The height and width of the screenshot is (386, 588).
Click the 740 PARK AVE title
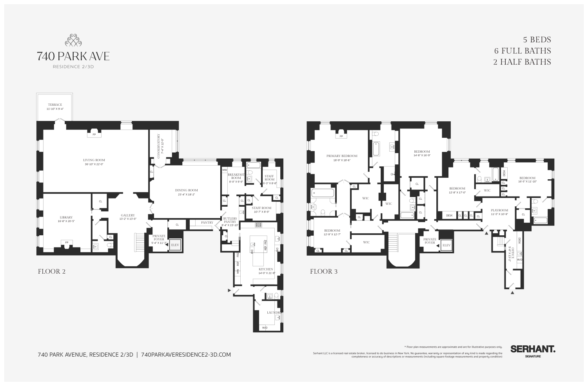point(73,56)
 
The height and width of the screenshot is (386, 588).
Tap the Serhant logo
point(532,349)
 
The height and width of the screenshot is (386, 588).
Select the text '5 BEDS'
point(537,40)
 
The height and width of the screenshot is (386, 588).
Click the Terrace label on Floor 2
point(55,105)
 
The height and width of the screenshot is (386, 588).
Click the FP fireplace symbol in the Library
point(67,243)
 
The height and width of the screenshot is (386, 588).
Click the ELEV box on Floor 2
point(175,245)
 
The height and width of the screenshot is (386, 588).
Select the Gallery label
point(128,215)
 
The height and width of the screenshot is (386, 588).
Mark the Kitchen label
point(266,269)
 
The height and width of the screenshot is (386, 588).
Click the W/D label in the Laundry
point(265,327)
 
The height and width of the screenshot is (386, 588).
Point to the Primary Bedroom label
point(342,156)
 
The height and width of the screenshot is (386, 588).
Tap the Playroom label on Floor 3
point(499,210)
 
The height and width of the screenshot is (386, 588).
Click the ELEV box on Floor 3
point(446,245)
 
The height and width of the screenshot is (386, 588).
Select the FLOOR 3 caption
point(324,271)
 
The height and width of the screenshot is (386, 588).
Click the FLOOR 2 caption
point(51,271)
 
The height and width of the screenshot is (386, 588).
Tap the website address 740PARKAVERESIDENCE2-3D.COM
point(185,355)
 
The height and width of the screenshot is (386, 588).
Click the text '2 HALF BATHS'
point(522,62)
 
